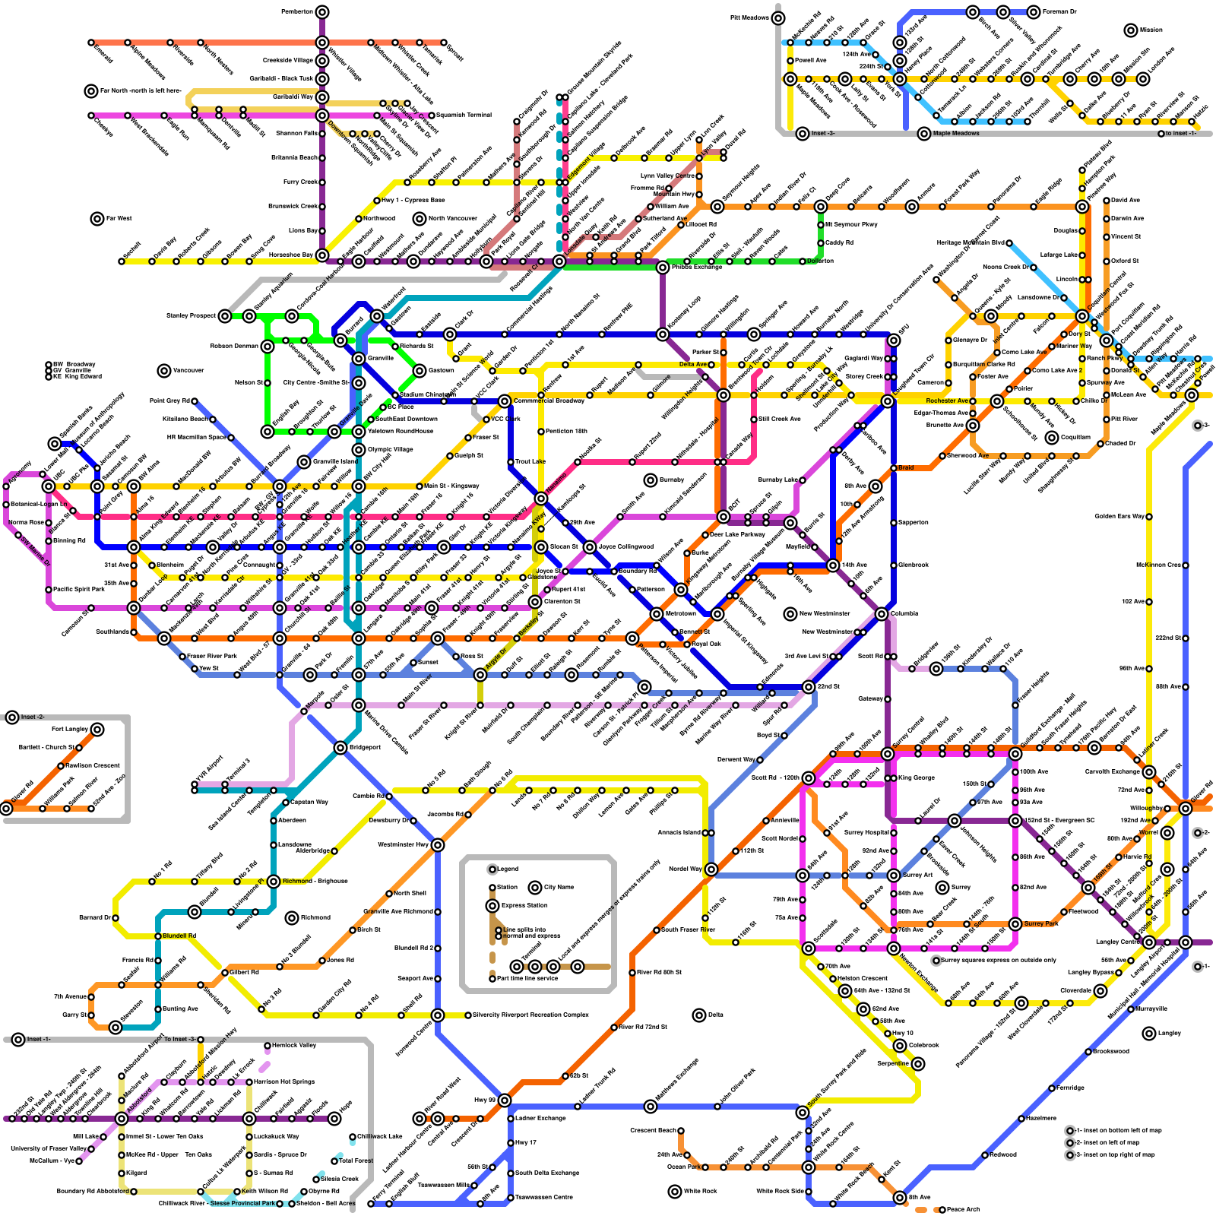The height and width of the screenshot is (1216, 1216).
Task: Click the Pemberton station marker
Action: click(322, 11)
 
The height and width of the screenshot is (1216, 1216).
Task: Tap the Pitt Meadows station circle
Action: click(778, 17)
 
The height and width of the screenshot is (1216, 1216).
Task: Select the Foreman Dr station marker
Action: click(1034, 11)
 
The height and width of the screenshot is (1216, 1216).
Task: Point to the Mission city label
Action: click(1151, 30)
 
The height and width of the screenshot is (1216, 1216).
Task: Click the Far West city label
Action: click(119, 219)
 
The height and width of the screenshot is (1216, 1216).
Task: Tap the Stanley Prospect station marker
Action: click(225, 315)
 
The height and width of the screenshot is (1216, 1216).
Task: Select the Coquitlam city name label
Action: click(1072, 438)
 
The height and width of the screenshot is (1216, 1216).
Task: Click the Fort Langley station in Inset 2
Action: click(97, 730)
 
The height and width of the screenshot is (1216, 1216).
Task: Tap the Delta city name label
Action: click(715, 1015)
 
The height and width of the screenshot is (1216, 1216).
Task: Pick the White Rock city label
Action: click(699, 1191)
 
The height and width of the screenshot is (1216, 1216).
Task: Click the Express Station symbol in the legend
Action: click(492, 906)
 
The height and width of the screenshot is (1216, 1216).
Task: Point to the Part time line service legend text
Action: click(527, 979)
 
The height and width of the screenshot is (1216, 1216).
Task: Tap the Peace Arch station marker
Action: click(942, 1209)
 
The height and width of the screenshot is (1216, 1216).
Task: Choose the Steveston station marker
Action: click(116, 1028)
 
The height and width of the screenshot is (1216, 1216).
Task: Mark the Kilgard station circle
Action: click(122, 1173)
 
